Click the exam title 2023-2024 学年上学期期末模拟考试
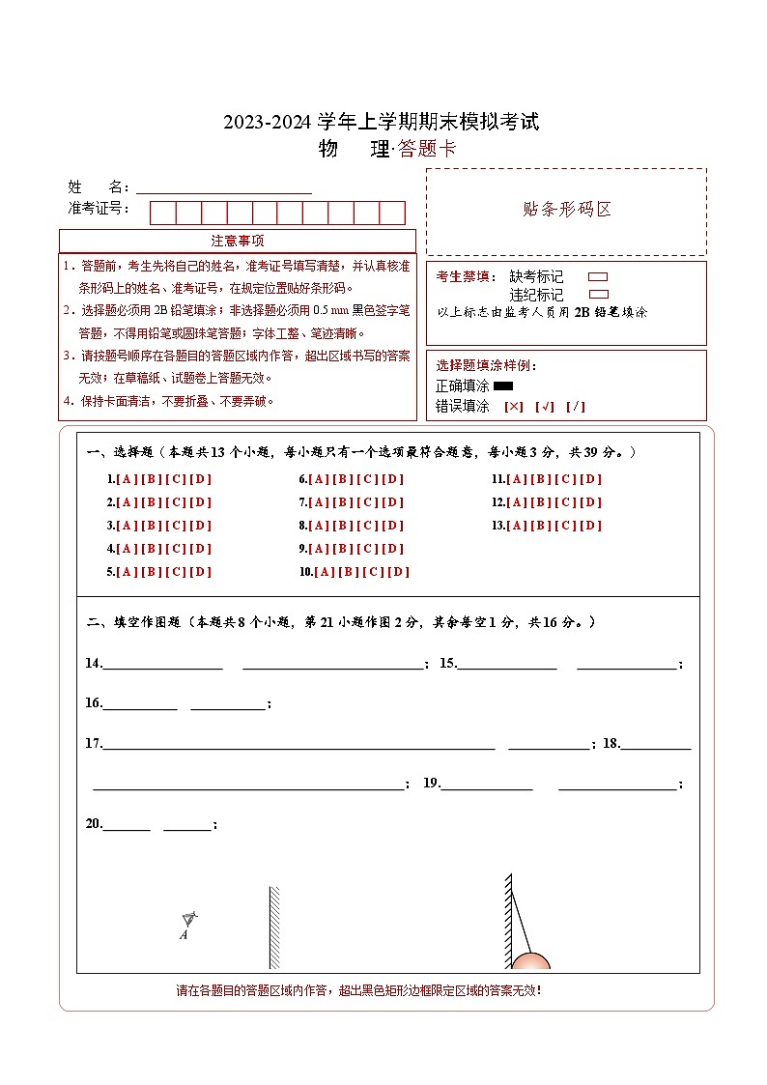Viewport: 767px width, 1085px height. point(382,123)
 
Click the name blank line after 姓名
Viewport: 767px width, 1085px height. point(223,187)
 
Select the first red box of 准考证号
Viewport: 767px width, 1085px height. point(162,213)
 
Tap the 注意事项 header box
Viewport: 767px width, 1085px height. point(238,241)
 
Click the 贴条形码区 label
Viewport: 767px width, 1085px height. point(566,210)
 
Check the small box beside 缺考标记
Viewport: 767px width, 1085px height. point(598,277)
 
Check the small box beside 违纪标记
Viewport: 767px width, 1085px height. point(598,294)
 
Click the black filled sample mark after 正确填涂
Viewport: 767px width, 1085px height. point(503,386)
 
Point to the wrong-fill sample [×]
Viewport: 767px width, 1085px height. point(514,407)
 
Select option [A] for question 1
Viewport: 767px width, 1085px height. point(128,479)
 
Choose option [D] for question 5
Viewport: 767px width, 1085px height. point(200,572)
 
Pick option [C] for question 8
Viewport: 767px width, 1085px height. point(368,526)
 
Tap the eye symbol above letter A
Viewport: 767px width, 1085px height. point(189,918)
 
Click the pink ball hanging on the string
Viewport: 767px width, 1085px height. point(530,960)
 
